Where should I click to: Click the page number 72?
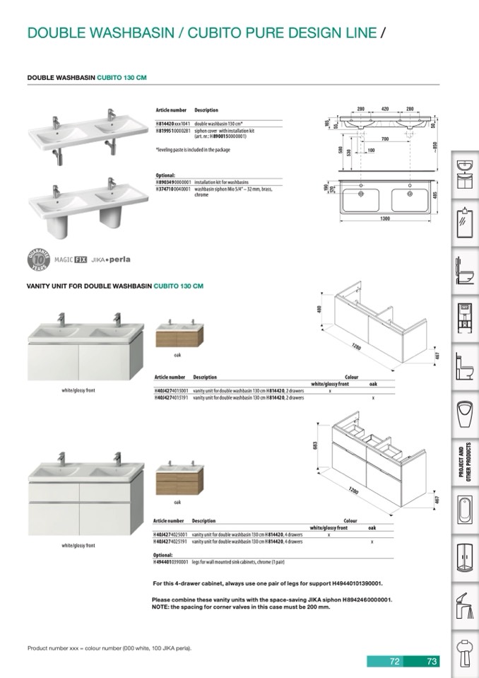[395, 662]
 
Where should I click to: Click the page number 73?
[432, 662]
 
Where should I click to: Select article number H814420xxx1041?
[172, 124]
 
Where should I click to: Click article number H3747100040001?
[173, 189]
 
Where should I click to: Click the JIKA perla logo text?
[110, 260]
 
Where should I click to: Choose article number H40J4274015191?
[172, 398]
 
